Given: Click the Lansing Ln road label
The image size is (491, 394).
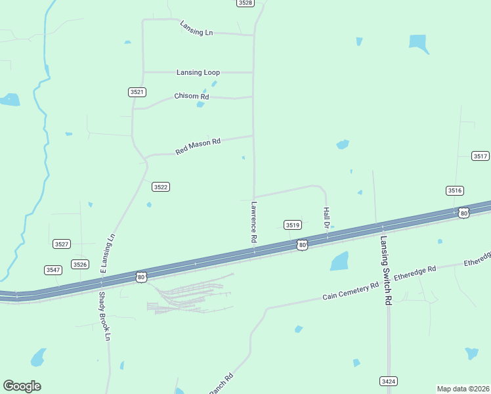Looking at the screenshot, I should click(x=196, y=28).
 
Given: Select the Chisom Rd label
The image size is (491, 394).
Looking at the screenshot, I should click(x=191, y=97).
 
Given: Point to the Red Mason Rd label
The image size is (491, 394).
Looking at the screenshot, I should click(x=198, y=146).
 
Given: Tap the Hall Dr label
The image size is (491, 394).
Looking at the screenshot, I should click(x=326, y=218).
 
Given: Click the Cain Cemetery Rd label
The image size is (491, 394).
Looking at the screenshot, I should click(x=351, y=291).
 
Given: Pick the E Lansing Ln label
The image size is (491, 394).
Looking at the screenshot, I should click(x=107, y=253).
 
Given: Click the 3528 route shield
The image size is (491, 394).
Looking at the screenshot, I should click(x=245, y=3).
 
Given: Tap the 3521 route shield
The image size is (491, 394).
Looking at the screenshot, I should click(x=137, y=93).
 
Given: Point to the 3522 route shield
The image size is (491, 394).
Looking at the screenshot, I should click(x=161, y=187).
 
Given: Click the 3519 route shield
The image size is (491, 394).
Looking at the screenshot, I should click(x=293, y=225).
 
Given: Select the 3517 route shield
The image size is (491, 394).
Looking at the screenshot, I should click(x=480, y=156).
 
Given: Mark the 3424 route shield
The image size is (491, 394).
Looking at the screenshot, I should click(x=388, y=381).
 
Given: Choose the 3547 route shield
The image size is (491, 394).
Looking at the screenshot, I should click(x=53, y=270).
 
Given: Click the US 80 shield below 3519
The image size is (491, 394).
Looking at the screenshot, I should click(x=301, y=245).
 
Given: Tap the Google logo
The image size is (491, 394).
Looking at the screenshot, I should click(x=22, y=386).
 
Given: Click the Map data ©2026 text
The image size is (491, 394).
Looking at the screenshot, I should click(x=463, y=389).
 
